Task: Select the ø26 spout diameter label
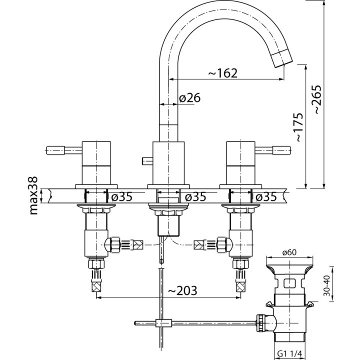[x=190, y=98]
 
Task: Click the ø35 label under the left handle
[x=121, y=197]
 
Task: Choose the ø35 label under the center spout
[x=195, y=197]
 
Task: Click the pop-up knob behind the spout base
[x=146, y=161]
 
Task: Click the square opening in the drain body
[x=288, y=285]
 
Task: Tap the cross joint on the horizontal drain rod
[x=161, y=323]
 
